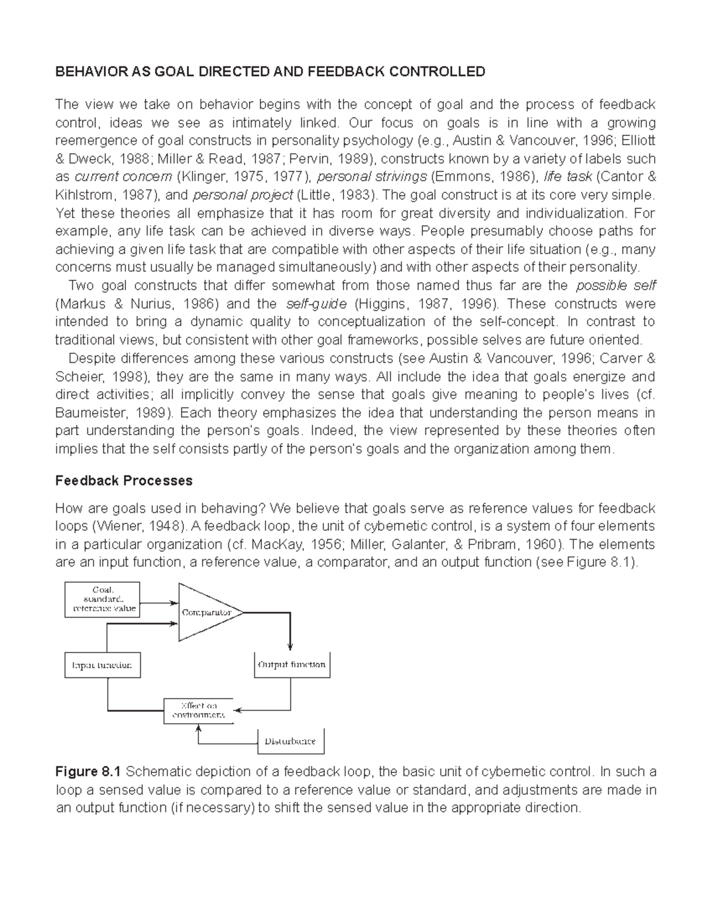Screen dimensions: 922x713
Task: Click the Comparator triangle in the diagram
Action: tap(205, 612)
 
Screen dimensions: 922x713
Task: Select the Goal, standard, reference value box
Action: tap(102, 600)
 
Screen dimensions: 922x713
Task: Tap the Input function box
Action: tap(102, 666)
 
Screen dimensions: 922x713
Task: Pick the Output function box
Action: tap(291, 666)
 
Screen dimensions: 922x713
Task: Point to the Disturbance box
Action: tap(290, 742)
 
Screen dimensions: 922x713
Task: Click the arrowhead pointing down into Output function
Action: tap(291, 647)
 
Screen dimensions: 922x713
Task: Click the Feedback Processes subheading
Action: tap(124, 481)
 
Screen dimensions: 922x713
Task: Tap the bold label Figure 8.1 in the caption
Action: tap(88, 772)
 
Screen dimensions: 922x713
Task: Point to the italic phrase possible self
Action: tap(616, 286)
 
